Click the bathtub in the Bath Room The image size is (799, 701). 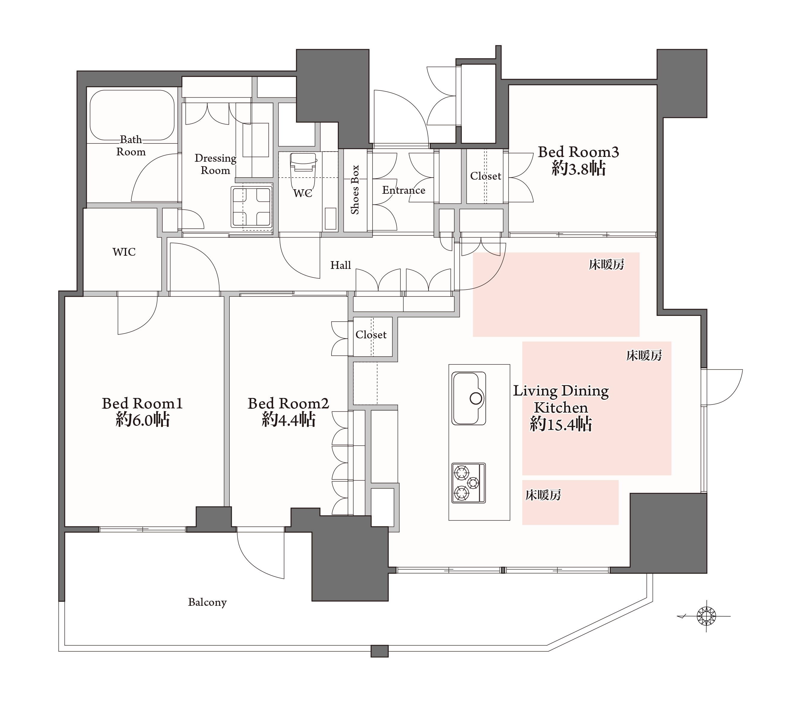(132, 115)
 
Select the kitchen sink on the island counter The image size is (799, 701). (469, 398)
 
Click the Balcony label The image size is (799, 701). (207, 602)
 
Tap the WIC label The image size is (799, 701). (124, 252)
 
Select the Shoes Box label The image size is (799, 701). (355, 190)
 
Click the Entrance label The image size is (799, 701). (403, 190)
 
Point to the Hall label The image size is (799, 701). (341, 266)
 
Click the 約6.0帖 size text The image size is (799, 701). (143, 420)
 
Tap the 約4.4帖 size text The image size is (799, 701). (288, 420)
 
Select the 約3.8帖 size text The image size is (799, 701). (579, 169)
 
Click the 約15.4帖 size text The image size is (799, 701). (561, 424)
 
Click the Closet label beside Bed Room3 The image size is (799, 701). (485, 176)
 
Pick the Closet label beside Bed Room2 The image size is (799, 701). (371, 335)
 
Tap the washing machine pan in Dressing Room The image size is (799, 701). (252, 207)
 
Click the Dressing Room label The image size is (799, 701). (215, 164)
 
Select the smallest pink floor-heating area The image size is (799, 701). (570, 502)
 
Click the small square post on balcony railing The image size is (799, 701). (379, 651)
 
